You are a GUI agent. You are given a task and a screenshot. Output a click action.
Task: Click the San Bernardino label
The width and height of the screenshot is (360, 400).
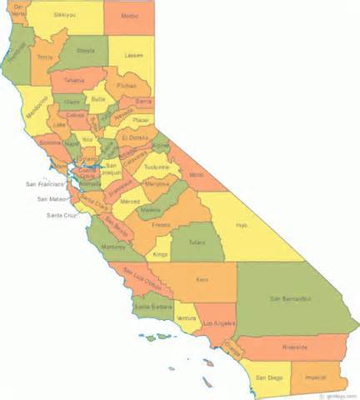coord(289,297)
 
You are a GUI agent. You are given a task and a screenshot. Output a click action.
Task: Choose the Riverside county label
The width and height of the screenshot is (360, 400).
coord(294,347)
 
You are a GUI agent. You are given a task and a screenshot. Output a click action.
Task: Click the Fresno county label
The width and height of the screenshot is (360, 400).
coord(162,224)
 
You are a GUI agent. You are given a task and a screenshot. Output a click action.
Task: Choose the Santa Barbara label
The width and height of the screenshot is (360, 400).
coord(152,307)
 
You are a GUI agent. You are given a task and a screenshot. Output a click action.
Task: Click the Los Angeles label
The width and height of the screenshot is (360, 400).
coord(214,322)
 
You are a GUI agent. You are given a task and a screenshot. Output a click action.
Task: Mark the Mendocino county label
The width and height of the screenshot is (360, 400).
coord(37,110)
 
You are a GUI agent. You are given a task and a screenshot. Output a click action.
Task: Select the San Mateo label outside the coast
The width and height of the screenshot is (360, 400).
coord(52,199)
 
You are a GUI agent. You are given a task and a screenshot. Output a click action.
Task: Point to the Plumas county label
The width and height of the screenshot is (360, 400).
coord(127,85)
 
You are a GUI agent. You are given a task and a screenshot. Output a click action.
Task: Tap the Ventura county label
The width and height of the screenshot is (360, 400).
coord(187,317)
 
